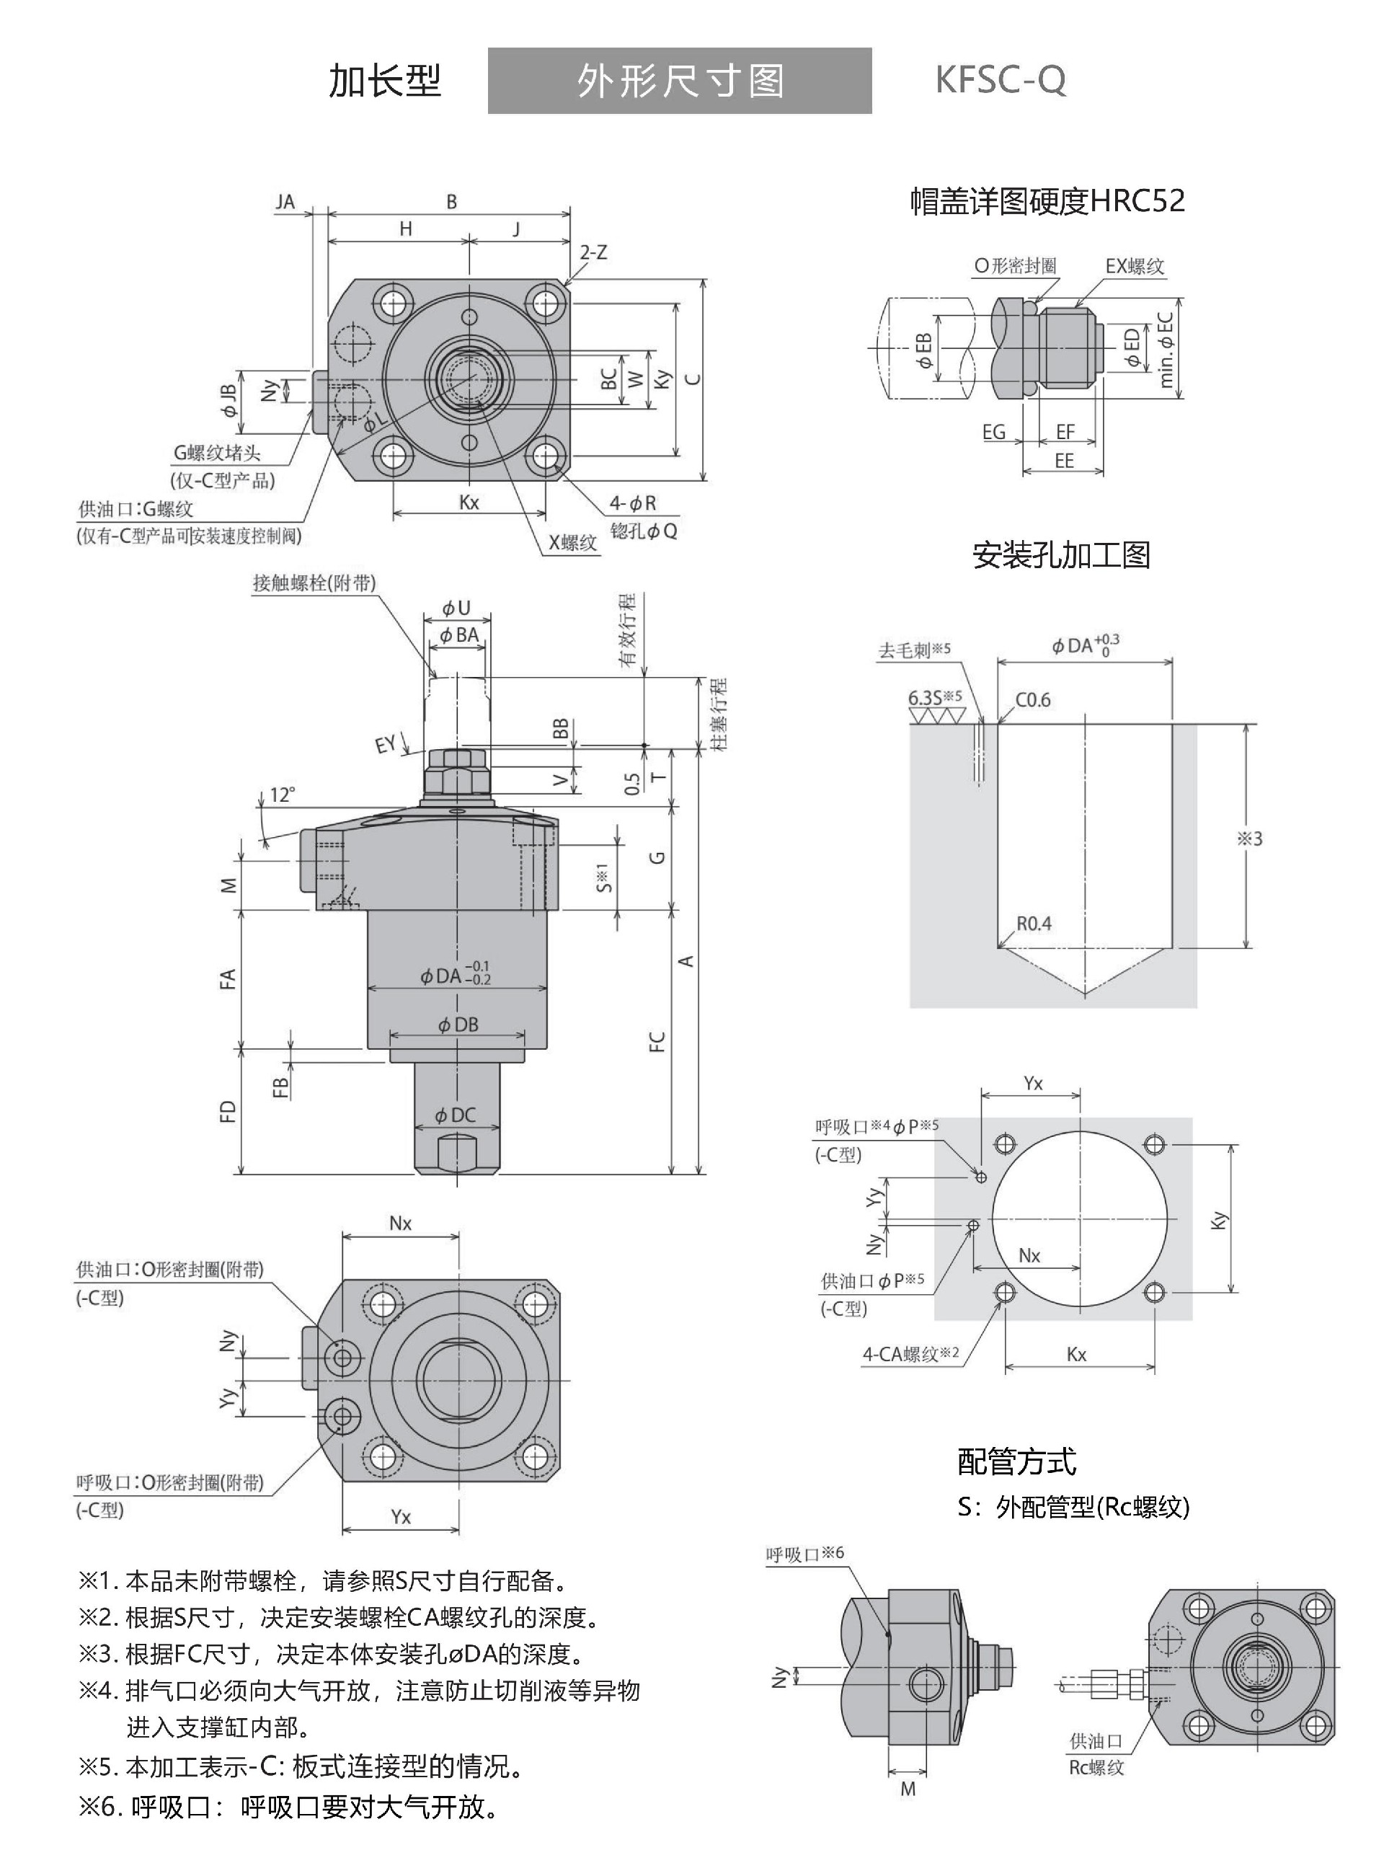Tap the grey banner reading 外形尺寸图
click(680, 81)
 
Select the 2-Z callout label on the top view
click(593, 252)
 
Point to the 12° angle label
click(283, 794)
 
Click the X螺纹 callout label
click(573, 542)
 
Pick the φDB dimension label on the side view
click(458, 1024)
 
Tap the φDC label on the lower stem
click(455, 1115)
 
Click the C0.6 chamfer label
click(1032, 699)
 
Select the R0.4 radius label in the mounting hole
click(1034, 924)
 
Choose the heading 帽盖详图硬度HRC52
click(1047, 201)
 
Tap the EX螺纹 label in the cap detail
click(1135, 267)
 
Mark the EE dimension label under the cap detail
click(1064, 461)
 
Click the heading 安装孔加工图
click(1060, 554)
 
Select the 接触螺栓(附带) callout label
click(314, 583)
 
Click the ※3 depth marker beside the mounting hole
click(1249, 838)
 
